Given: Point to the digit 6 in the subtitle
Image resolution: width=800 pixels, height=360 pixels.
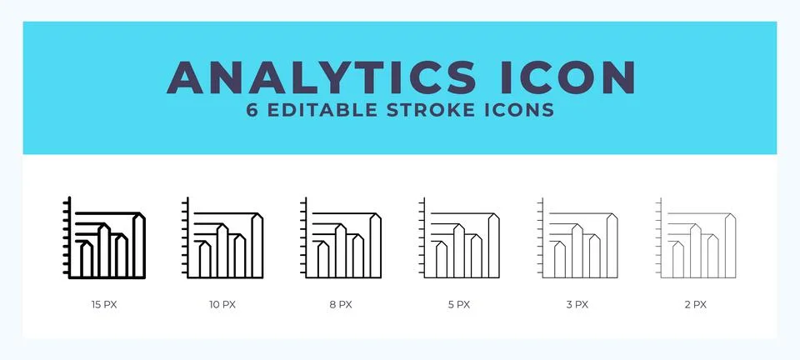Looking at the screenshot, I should point(252,111).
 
